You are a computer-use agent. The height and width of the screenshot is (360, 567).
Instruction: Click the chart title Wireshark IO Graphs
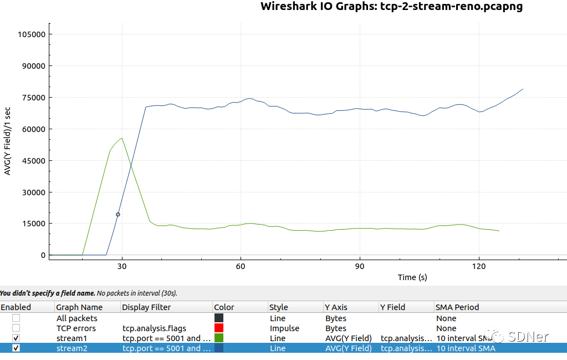391,7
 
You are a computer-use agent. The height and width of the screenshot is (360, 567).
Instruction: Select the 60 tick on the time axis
241,266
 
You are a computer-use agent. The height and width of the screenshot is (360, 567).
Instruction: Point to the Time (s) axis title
412,277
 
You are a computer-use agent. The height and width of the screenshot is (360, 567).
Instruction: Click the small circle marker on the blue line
118,214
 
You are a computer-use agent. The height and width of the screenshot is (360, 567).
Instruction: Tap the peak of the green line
121,138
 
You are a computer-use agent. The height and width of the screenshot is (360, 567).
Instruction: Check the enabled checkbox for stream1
16,338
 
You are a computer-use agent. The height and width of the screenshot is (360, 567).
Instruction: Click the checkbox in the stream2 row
16,348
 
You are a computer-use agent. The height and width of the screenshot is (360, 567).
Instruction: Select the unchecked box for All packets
16,318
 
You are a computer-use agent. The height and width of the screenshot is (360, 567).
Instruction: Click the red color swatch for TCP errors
218,328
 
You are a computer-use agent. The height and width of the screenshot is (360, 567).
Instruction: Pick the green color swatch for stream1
218,338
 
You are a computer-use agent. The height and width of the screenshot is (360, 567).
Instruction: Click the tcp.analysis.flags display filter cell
154,328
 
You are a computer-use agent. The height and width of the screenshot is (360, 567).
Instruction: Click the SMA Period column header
458,307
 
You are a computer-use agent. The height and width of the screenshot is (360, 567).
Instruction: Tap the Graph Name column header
79,307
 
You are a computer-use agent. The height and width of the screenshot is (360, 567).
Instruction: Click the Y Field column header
392,307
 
